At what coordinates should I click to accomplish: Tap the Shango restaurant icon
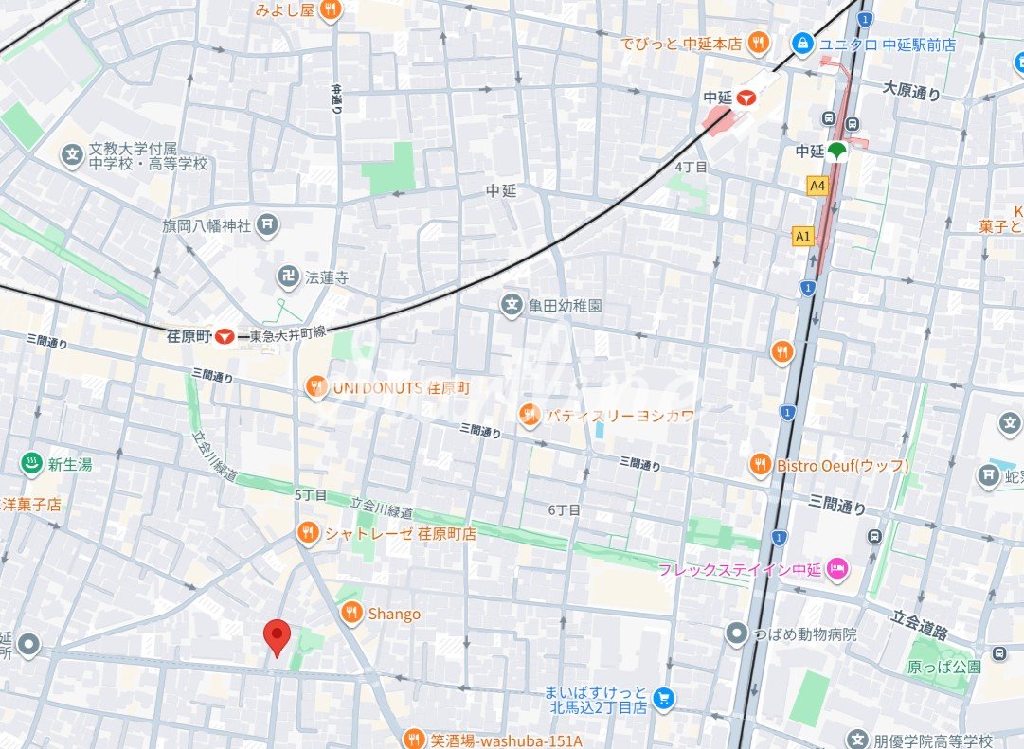pos(351,614)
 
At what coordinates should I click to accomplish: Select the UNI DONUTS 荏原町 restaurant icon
pos(316,387)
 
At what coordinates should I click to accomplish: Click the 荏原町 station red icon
pos(225,335)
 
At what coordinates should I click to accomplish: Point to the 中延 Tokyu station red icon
pos(746,97)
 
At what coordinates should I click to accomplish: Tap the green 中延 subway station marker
pos(836,151)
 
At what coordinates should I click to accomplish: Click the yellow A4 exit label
pos(817,187)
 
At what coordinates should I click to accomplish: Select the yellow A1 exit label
pos(803,237)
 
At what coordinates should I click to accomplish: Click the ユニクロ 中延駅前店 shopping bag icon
pos(802,44)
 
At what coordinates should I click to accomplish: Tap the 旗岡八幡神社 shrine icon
pos(269,225)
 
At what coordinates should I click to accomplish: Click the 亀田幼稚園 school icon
pos(512,306)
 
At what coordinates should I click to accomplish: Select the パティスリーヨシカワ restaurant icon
pos(529,414)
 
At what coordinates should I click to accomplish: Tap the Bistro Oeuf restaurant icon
pos(760,465)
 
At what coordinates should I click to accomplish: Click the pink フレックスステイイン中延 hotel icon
pos(838,568)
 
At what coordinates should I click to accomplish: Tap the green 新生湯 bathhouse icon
pos(31,464)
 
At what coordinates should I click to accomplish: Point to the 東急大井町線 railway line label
pos(288,335)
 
